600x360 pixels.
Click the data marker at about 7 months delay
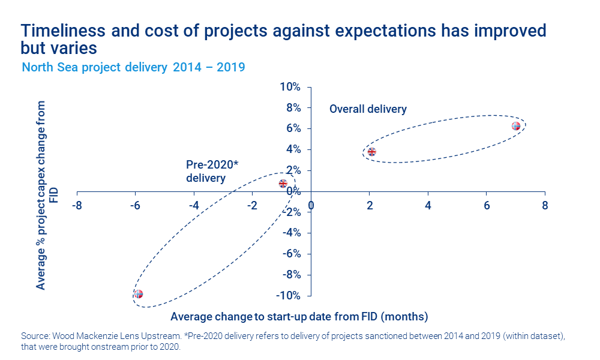pyautogui.click(x=516, y=126)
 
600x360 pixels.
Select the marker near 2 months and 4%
pyautogui.click(x=371, y=152)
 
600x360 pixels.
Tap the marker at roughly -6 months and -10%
pyautogui.click(x=139, y=294)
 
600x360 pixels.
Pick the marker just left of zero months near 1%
pyautogui.click(x=283, y=184)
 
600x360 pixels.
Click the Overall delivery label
pyautogui.click(x=368, y=109)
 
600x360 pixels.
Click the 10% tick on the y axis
pyautogui.click(x=290, y=87)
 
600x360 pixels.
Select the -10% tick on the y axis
pyautogui.click(x=288, y=296)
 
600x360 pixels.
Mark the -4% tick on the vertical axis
pyautogui.click(x=290, y=233)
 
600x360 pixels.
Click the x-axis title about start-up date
pyautogui.click(x=299, y=316)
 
